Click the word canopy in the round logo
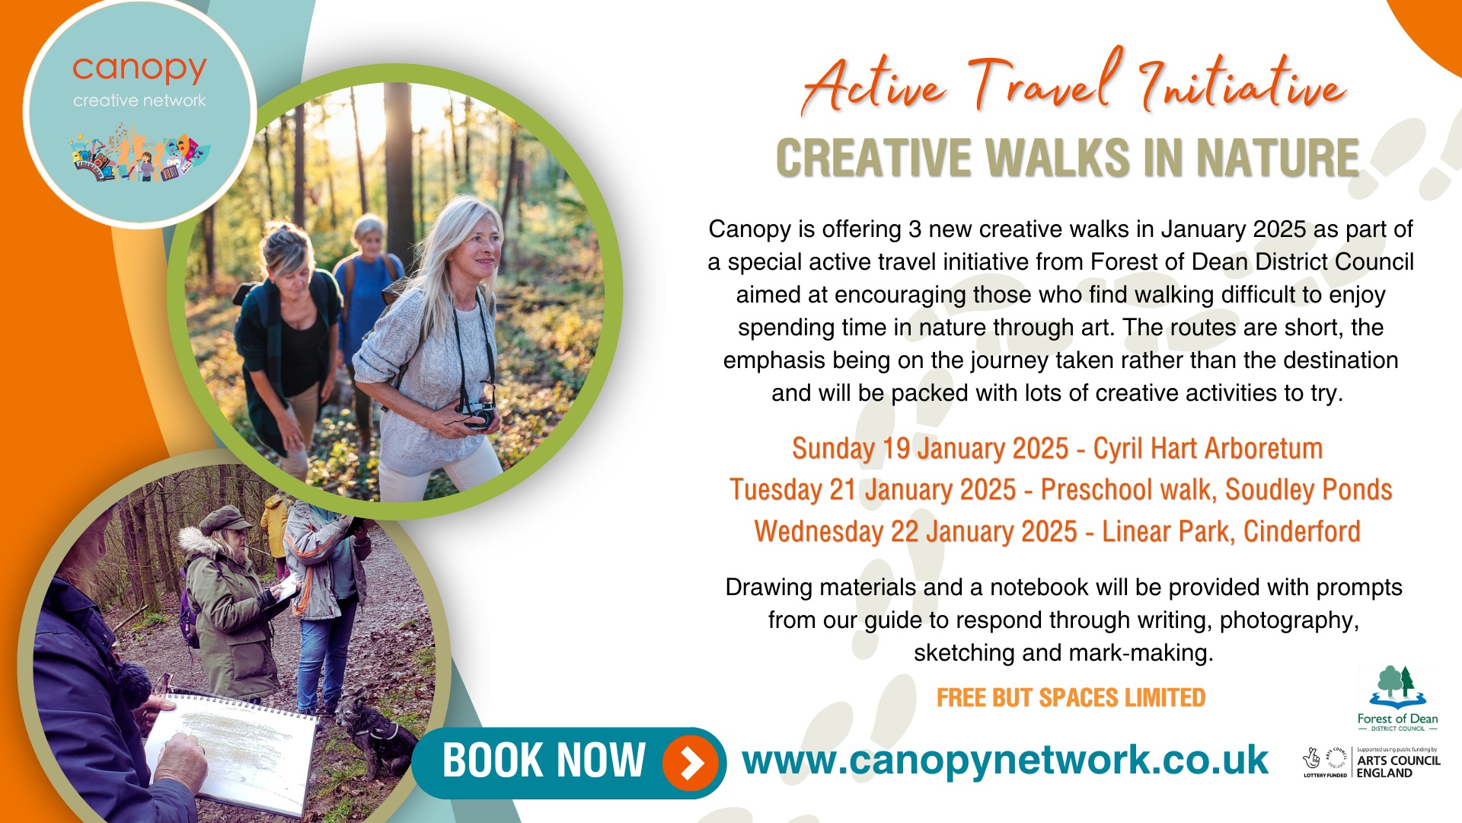139,70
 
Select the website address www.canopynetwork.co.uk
1005,761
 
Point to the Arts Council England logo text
1398,767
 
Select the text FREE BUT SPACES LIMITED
1071,698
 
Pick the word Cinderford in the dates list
1301,531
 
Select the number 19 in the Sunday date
896,449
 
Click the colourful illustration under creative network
139,155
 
